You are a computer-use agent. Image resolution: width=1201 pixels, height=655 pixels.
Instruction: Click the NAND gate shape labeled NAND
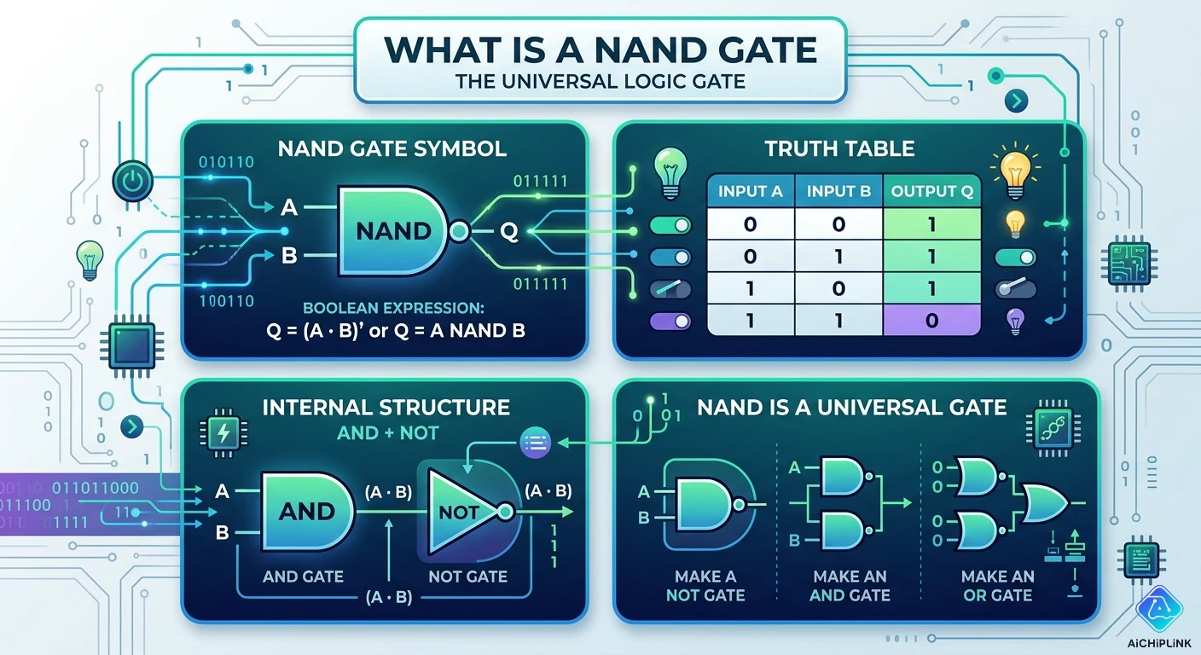[x=393, y=230]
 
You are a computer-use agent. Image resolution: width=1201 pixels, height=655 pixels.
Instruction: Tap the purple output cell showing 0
[x=931, y=321]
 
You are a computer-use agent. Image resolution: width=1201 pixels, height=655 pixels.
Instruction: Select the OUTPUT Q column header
[x=931, y=191]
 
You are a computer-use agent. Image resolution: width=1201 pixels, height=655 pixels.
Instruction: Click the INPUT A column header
[x=751, y=191]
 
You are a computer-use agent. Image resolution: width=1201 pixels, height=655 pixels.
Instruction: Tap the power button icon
[x=133, y=182]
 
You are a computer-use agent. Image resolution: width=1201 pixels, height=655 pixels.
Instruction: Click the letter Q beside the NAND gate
[x=508, y=231]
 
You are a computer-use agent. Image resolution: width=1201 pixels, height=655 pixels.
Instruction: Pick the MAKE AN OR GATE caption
[x=997, y=585]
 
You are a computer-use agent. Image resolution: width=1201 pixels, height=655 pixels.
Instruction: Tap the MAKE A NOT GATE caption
[x=705, y=585]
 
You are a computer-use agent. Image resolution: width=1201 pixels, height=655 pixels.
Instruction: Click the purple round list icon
[x=536, y=442]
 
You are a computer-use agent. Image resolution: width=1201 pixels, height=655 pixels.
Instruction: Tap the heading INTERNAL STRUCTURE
[x=386, y=407]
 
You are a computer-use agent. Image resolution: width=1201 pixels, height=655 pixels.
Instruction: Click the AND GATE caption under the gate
[x=303, y=577]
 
